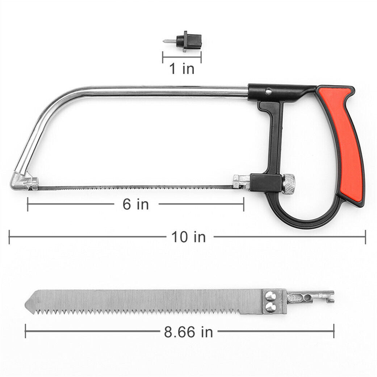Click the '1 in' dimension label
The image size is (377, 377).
pos(182,68)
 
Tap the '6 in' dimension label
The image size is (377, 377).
pos(136,204)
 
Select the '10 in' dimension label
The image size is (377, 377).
pos(188,237)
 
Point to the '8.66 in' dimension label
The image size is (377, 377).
pos(188,332)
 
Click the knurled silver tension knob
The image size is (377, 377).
pos(289,184)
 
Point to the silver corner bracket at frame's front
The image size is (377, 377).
pos(24,181)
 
